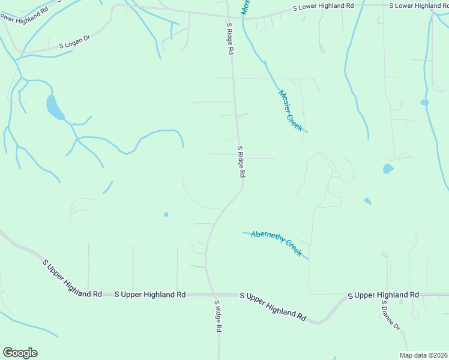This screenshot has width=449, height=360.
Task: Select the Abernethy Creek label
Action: point(277,243)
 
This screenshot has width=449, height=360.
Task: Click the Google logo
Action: point(20,353)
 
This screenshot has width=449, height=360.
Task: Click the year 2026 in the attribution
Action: point(439,355)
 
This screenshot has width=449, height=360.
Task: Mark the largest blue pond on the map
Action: point(54,107)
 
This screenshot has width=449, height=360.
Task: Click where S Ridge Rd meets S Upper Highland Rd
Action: point(214,295)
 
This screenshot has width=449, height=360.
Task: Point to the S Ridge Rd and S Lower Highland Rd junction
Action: point(228,16)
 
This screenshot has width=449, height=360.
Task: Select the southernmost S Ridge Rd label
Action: point(219,316)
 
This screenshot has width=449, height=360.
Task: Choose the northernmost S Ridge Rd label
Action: point(229,39)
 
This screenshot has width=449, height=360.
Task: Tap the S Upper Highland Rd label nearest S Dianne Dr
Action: point(383,295)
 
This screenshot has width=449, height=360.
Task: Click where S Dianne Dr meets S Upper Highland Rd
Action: point(382,295)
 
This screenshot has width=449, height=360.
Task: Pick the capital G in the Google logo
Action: point(8,353)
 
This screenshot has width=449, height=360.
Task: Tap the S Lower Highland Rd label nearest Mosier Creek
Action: point(323,7)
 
